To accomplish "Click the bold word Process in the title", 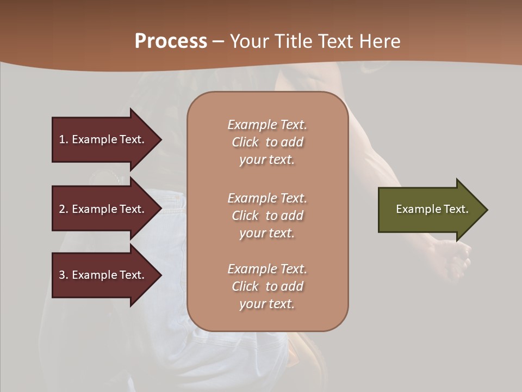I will point(171,41).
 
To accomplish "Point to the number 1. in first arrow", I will point(64,139).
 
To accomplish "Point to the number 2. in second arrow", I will point(64,209).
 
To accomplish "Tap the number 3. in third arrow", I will point(64,275).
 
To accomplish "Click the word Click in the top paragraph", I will point(245,142).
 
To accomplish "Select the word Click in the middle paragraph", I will point(245,216).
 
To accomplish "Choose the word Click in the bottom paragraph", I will point(245,286).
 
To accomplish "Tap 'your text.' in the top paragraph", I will point(266,160).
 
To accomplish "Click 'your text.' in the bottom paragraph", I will point(266,304).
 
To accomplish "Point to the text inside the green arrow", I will point(432,209).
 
